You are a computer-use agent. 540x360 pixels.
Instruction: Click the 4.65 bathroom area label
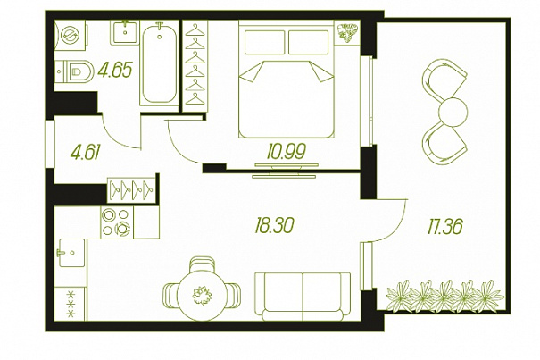pos(115,70)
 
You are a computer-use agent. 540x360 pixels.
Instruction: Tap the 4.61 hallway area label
pos(85,152)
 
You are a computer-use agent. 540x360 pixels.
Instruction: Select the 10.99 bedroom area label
pos(287,151)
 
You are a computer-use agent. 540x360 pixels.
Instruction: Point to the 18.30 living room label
pos(274,225)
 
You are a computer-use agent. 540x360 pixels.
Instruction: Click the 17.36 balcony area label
pos(445,226)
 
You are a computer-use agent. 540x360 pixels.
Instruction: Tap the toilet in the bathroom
pos(74,71)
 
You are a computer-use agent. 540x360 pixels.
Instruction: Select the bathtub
pos(160,63)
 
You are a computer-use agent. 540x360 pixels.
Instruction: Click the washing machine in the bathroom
pos(71,35)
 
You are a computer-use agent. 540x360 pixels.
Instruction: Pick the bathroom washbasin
pos(125,32)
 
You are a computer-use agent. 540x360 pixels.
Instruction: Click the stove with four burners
pos(117,222)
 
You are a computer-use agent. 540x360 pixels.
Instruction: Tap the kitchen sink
pos(71,253)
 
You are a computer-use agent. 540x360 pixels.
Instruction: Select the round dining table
pos(202,295)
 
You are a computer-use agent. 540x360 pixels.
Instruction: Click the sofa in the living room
pos(303,297)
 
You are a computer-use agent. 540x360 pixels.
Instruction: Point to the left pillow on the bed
pos(264,42)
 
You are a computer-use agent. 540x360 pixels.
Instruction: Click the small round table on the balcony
pos(453,112)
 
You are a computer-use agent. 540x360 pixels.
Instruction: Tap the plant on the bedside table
pos(347,33)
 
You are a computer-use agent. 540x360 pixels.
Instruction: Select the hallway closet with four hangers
pos(131,189)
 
